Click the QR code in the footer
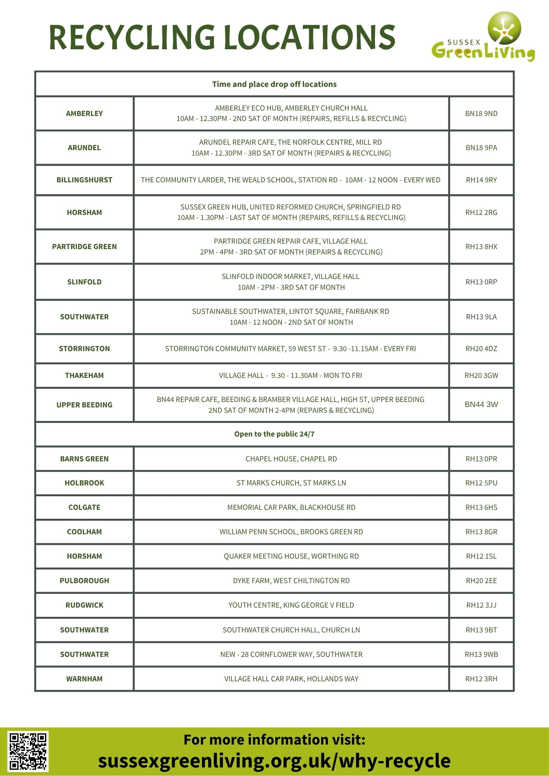point(28,751)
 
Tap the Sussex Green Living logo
point(484,37)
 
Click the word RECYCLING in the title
point(132,37)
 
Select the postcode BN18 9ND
point(481,114)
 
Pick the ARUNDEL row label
point(84,148)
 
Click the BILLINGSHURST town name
point(84,180)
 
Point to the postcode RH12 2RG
point(481,213)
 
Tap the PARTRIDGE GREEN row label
point(84,247)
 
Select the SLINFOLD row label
point(84,282)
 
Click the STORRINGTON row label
point(84,349)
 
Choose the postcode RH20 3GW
point(481,376)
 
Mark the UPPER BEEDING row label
point(84,405)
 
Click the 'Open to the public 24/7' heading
point(274,434)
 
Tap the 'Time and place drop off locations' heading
point(274,84)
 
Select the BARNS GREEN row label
point(84,459)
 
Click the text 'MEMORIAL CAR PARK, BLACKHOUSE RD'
point(291,508)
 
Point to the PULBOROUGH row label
point(84,581)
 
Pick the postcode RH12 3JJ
point(481,605)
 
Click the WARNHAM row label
point(84,679)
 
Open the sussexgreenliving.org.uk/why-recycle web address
point(274,761)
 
